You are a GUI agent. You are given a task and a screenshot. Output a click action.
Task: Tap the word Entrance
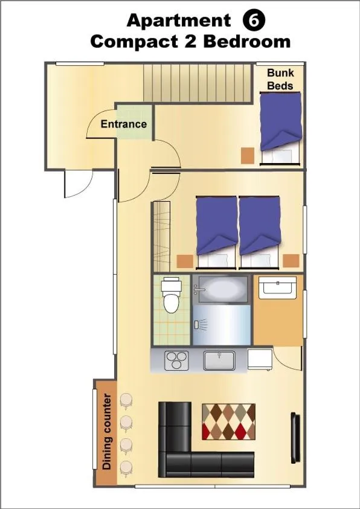point(124,124)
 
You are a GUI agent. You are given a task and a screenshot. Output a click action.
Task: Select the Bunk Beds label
point(280,79)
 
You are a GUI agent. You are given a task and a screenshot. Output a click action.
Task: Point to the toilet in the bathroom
point(172,295)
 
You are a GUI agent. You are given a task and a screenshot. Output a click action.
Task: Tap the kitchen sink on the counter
point(219,360)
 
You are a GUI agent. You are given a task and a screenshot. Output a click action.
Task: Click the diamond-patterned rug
point(228,421)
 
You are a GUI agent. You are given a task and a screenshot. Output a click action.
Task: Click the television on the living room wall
point(295,438)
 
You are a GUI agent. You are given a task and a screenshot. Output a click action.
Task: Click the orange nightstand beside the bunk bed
point(248,155)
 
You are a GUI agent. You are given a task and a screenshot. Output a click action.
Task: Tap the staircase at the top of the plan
point(197,84)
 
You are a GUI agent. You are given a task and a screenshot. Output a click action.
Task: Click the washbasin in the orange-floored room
point(276,288)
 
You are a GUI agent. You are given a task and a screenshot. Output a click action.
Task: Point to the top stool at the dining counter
point(126,400)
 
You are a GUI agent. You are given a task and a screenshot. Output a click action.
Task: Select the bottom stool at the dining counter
point(126,467)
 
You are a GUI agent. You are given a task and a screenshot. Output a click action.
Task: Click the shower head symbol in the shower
point(201,325)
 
